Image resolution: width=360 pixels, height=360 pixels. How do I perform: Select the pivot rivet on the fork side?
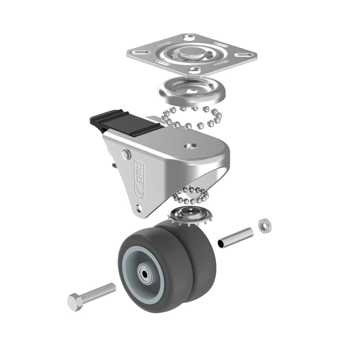[127, 154]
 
